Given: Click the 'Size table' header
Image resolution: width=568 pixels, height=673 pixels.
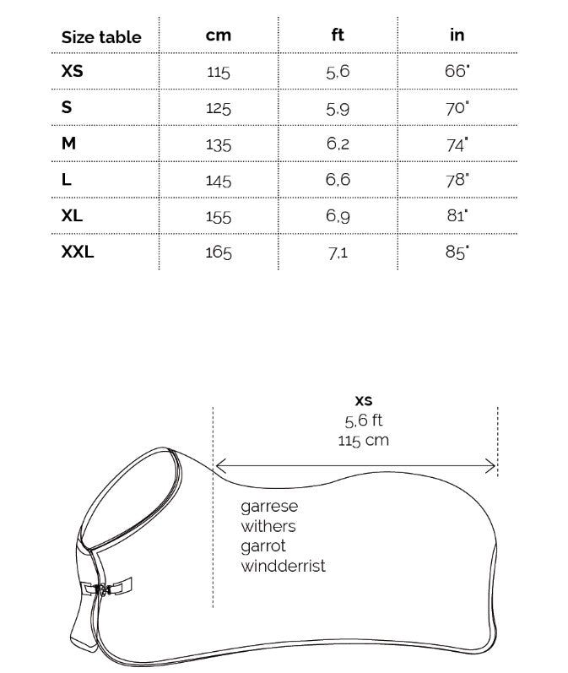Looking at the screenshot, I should click(x=101, y=37).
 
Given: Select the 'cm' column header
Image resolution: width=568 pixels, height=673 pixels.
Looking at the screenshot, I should click(x=218, y=35).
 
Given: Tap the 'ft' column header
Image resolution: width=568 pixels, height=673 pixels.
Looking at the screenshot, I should click(x=338, y=35).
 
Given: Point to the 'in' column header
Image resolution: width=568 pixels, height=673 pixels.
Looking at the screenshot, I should click(x=457, y=35).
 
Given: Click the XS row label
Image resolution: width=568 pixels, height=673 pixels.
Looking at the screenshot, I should click(x=73, y=72).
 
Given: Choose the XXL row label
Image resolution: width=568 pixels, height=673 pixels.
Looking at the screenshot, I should click(x=78, y=251).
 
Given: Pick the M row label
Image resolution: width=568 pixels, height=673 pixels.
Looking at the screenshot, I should click(x=68, y=144).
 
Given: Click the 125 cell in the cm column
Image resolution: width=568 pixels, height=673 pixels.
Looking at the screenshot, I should click(x=218, y=108).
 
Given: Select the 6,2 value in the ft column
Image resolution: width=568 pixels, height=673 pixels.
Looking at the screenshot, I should click(x=338, y=144).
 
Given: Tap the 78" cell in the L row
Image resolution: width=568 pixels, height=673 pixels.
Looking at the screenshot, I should click(x=457, y=180).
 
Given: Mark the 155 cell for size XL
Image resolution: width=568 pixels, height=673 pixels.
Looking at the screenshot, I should click(x=218, y=216).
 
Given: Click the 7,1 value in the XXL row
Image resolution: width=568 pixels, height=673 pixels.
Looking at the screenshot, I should click(x=338, y=252).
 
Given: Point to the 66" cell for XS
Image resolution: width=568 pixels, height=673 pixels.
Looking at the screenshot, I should click(x=457, y=72).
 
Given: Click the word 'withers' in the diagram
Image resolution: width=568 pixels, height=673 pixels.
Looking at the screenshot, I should click(x=268, y=527).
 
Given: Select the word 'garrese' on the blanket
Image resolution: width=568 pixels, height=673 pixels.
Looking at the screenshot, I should click(x=269, y=507).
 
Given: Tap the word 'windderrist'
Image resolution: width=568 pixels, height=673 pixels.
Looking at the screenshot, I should click(x=283, y=566).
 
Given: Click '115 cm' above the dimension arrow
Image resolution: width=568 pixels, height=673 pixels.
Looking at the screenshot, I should click(x=364, y=440).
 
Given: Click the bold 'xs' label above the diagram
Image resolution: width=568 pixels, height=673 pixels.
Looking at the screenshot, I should click(x=364, y=401).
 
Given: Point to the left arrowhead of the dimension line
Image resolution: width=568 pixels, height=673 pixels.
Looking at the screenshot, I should click(x=219, y=464).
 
